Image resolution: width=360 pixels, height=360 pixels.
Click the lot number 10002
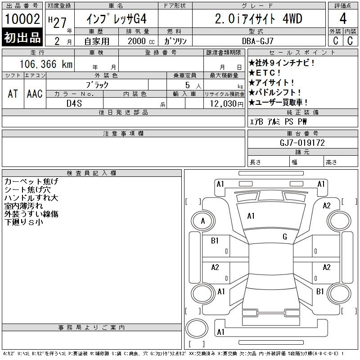pos(22,18)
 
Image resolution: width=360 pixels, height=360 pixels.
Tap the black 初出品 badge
pos(22,37)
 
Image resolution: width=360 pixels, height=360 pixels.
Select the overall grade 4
pos(343,18)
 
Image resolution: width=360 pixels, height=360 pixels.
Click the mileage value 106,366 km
pos(46,64)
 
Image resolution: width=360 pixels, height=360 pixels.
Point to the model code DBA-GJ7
pos(257,41)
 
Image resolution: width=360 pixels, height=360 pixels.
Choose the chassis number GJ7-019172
pos(302,143)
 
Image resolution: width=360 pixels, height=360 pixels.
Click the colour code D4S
pos(74,103)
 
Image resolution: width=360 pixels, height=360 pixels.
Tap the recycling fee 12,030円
pos(226,103)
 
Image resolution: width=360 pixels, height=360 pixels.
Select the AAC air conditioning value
pos(35,94)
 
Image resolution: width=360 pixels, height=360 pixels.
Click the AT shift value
pos(13,94)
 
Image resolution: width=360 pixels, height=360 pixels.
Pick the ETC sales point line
pos(265,73)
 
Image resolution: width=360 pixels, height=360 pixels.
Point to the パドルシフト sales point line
pos(275,93)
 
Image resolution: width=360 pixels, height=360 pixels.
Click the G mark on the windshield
pos(285,237)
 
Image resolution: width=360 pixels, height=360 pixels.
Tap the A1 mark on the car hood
pos(251,216)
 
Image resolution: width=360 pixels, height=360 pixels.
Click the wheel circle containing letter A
pos(203,221)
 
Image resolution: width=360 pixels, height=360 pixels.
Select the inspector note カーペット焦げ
pos(31,181)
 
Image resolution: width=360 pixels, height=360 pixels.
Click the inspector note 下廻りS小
pos(24,222)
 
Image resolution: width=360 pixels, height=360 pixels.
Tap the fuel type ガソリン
pos(175,41)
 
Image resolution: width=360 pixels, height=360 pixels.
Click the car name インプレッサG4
pos(117,18)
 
